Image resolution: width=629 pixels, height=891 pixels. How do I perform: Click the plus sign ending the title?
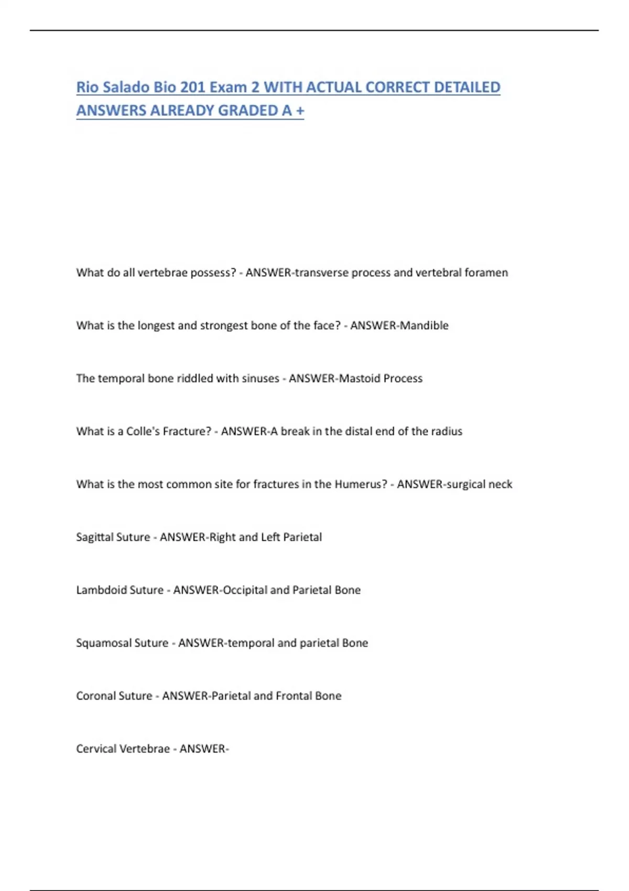pyautogui.click(x=300, y=111)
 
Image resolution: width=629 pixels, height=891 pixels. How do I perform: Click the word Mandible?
pyautogui.click(x=424, y=325)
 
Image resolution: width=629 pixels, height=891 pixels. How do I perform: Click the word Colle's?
pyautogui.click(x=143, y=431)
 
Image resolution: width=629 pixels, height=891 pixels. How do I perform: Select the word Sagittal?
pyautogui.click(x=94, y=537)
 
